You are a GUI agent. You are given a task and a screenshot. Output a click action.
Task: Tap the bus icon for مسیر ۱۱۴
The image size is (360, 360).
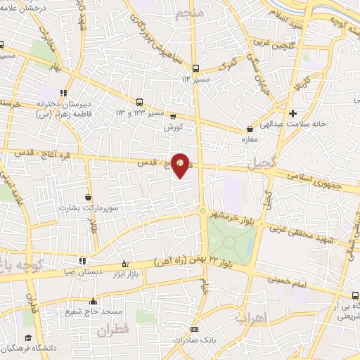pos(196,68)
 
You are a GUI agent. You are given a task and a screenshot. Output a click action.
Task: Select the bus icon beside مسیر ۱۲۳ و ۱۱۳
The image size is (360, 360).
pos(139,101)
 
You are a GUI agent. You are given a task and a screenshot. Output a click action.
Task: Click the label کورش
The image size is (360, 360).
pos(173,128)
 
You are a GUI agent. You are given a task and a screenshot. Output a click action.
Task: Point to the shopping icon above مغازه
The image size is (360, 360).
pos(250,129)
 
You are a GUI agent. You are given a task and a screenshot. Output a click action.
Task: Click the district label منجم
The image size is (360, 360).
pos(190,13)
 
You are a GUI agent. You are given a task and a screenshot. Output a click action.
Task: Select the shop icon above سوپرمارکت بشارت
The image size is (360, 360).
pos(88,198)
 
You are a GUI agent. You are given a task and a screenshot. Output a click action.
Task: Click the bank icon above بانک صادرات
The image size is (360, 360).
pos(195,329)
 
